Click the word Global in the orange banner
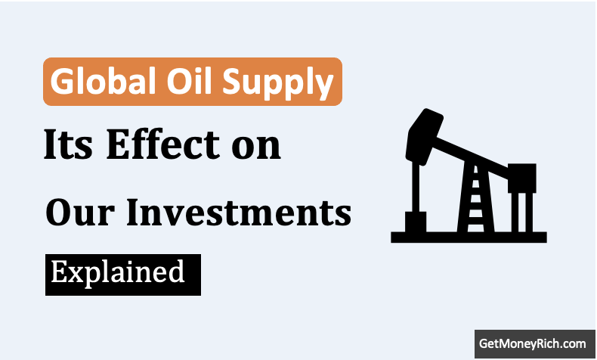point(104,81)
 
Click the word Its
point(68,144)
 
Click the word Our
point(80,213)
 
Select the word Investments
point(239,213)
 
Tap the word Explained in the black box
point(118,274)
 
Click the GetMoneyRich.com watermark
point(532,344)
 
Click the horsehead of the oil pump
point(423,136)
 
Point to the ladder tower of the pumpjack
point(475,197)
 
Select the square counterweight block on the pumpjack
point(522,178)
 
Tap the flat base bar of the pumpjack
point(469,237)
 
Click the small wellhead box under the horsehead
point(416,222)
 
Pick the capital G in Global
point(61,81)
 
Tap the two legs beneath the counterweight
point(522,213)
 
